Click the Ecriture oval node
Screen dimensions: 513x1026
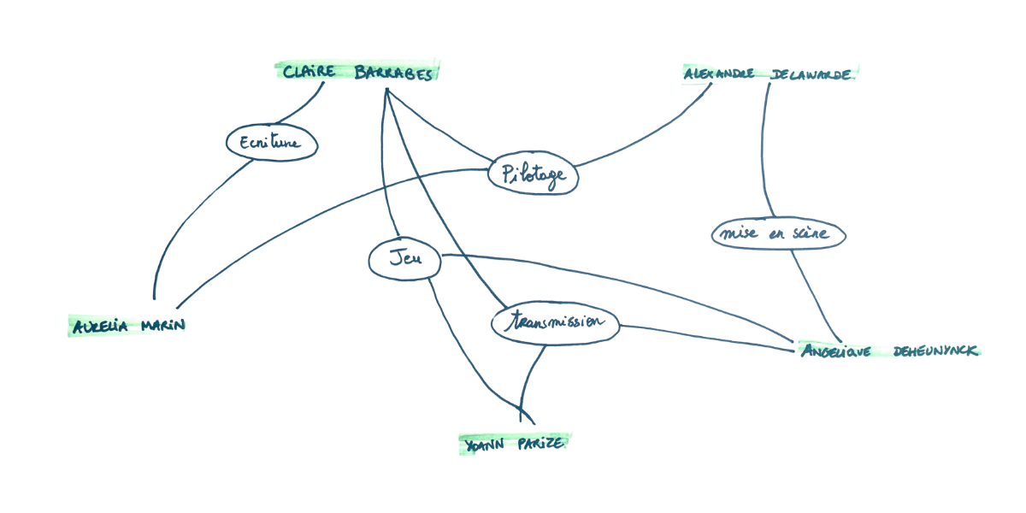point(272,144)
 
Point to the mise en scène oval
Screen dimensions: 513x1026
point(779,233)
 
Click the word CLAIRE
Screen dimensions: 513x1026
point(308,73)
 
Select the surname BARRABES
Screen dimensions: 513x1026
point(394,74)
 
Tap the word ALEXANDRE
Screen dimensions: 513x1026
point(719,74)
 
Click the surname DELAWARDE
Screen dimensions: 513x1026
point(811,74)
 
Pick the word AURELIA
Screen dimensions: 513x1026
point(100,326)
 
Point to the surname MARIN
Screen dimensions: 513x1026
point(162,326)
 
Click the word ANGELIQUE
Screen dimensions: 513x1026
point(834,351)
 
